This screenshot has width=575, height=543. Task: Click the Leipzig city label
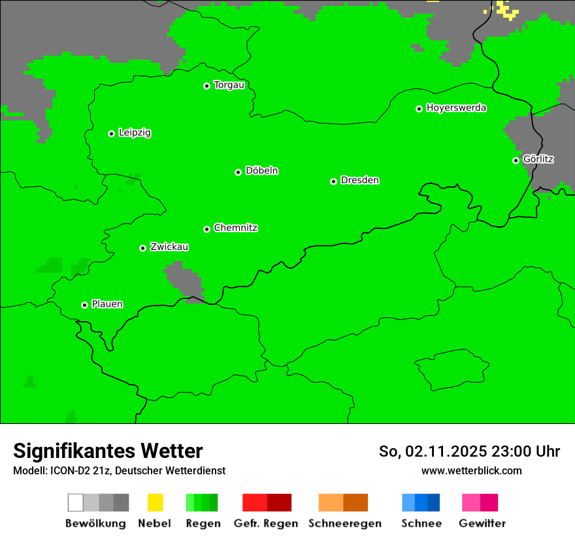pyautogui.click(x=135, y=133)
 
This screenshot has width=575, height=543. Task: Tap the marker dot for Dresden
pyautogui.click(x=333, y=181)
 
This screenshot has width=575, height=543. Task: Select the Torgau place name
pyautogui.click(x=229, y=85)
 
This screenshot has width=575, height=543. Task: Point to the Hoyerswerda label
pyautogui.click(x=456, y=108)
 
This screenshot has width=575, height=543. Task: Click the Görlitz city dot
pyautogui.click(x=516, y=160)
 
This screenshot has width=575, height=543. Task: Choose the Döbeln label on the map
pyautogui.click(x=261, y=171)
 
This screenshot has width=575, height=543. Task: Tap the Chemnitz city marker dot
pyautogui.click(x=207, y=229)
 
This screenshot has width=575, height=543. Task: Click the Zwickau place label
pyautogui.click(x=169, y=247)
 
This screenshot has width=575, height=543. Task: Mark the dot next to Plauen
pyautogui.click(x=84, y=305)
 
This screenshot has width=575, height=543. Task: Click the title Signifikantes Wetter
pyautogui.click(x=108, y=451)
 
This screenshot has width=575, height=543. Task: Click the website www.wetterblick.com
pyautogui.click(x=471, y=470)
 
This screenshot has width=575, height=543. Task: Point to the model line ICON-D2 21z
pyautogui.click(x=119, y=470)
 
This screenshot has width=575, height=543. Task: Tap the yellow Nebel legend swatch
pyautogui.click(x=155, y=502)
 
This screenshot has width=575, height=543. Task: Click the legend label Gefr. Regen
pyautogui.click(x=266, y=523)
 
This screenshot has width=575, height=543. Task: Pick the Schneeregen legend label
pyautogui.click(x=344, y=523)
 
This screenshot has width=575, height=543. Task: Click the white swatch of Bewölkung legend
pyautogui.click(x=76, y=502)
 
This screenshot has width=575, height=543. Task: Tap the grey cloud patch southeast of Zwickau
pyautogui.click(x=185, y=279)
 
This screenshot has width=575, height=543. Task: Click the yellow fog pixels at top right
pyautogui.click(x=504, y=9)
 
